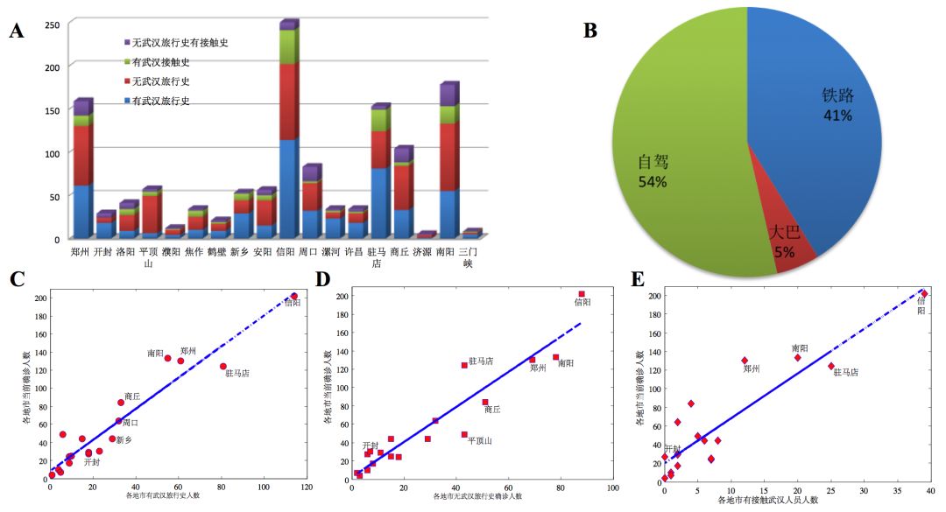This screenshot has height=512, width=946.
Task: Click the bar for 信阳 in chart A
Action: (x=287, y=131)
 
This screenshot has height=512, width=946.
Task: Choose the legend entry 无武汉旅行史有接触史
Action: (x=180, y=43)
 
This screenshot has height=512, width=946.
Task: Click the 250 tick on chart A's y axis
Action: (x=52, y=25)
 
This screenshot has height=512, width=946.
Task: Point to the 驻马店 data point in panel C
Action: (x=223, y=367)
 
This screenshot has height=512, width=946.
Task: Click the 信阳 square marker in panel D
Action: (x=582, y=294)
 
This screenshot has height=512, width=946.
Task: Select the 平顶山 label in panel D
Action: (x=479, y=441)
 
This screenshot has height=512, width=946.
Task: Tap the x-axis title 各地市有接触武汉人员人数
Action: (x=767, y=500)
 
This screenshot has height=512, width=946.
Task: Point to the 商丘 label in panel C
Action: (x=132, y=396)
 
